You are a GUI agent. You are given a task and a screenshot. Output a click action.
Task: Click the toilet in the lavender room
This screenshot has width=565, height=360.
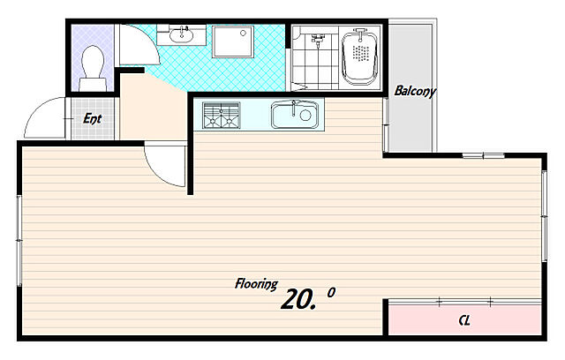tap(93, 68)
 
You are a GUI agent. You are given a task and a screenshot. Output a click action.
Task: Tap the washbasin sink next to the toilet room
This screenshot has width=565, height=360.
tap(181, 35)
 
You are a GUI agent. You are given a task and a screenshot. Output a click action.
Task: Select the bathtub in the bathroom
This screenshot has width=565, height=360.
tap(360, 56)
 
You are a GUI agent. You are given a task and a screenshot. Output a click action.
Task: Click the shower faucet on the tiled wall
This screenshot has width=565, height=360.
tap(318, 40)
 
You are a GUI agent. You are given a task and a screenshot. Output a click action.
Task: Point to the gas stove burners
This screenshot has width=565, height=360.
tap(222, 116)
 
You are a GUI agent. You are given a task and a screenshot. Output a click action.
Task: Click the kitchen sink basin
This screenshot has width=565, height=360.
tap(294, 115)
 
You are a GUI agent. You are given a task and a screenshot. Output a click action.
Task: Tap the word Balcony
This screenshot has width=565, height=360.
tap(415, 91)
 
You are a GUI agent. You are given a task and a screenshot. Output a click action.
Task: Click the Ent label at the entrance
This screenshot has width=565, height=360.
tap(92, 118)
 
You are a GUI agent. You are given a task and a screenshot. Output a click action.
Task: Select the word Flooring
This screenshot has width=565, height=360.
tap(256, 284)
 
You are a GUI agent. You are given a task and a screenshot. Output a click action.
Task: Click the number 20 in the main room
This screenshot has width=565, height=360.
tap(297, 299)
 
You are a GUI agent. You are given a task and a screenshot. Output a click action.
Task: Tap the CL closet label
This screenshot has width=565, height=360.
tap(464, 320)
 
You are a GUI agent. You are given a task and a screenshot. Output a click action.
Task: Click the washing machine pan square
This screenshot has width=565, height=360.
tap(233, 41)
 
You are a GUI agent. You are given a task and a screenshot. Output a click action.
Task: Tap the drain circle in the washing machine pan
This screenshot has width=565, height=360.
tap(244, 34)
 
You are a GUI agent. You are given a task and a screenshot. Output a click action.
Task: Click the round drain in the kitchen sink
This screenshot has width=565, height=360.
tap(305, 116)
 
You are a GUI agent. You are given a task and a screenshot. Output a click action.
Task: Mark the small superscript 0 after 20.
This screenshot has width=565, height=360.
tap(331, 292)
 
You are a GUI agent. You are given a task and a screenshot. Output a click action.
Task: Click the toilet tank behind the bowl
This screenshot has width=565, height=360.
tap(93, 85)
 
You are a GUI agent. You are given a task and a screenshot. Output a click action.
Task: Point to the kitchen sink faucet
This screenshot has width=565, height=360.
tap(294, 108)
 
